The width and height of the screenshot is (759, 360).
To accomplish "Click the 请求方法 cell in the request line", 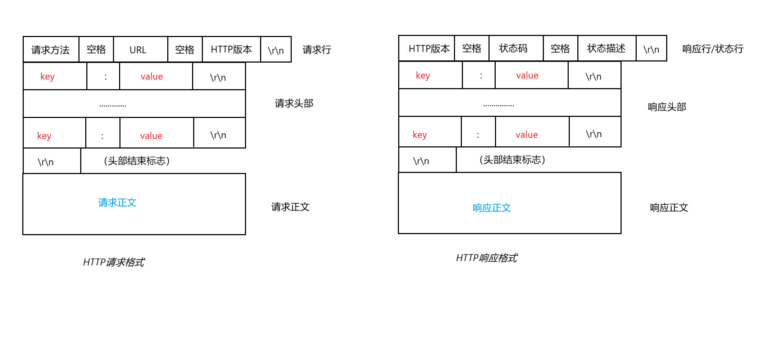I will (x=50, y=50).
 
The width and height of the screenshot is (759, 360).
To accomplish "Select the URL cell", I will (x=138, y=50).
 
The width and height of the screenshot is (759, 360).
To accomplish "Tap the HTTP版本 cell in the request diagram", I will (x=231, y=49).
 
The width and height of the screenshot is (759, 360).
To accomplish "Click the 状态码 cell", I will (x=513, y=48).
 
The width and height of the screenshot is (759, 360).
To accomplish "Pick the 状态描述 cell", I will (x=606, y=48).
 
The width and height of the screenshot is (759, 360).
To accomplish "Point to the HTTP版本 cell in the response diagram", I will (x=429, y=49).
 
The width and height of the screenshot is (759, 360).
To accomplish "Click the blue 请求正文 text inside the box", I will (x=117, y=202).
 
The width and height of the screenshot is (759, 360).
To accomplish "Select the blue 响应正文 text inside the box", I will (x=492, y=208).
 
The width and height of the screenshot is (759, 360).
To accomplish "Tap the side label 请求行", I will (x=317, y=50).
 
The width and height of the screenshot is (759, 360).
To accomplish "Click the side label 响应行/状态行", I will (x=713, y=49).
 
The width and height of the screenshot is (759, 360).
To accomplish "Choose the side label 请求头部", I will (x=294, y=104).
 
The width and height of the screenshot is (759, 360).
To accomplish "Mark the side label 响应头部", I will (x=667, y=107).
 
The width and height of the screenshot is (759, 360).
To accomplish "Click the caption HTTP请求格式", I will (x=114, y=262).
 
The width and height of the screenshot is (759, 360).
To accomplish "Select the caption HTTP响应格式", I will (x=487, y=258).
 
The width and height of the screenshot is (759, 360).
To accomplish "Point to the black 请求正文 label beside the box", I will (x=290, y=207).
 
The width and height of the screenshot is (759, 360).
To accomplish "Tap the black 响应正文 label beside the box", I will (x=669, y=208).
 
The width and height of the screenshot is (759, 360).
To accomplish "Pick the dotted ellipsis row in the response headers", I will (x=499, y=105).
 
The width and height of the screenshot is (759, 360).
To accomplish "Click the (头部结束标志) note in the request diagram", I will (x=137, y=161).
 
